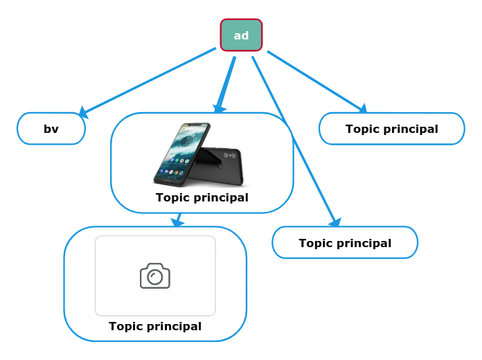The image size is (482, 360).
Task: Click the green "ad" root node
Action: (241, 35)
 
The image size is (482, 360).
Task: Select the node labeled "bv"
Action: (51, 129)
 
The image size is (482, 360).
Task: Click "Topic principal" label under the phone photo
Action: (202, 198)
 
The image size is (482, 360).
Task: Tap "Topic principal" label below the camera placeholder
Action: (155, 327)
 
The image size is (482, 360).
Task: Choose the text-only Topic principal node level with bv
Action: (391, 129)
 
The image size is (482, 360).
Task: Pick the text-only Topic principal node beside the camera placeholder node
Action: (345, 243)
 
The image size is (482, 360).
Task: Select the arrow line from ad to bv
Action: (149, 81)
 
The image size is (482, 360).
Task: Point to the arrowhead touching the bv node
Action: (83, 112)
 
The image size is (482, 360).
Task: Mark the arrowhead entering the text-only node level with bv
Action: (362, 109)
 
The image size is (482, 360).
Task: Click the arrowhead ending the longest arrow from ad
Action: (336, 223)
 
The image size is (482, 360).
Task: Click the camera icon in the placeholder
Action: (155, 276)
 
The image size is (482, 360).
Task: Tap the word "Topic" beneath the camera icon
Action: (125, 327)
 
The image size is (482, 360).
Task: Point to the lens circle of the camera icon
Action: (155, 278)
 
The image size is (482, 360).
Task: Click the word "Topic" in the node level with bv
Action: (361, 129)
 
